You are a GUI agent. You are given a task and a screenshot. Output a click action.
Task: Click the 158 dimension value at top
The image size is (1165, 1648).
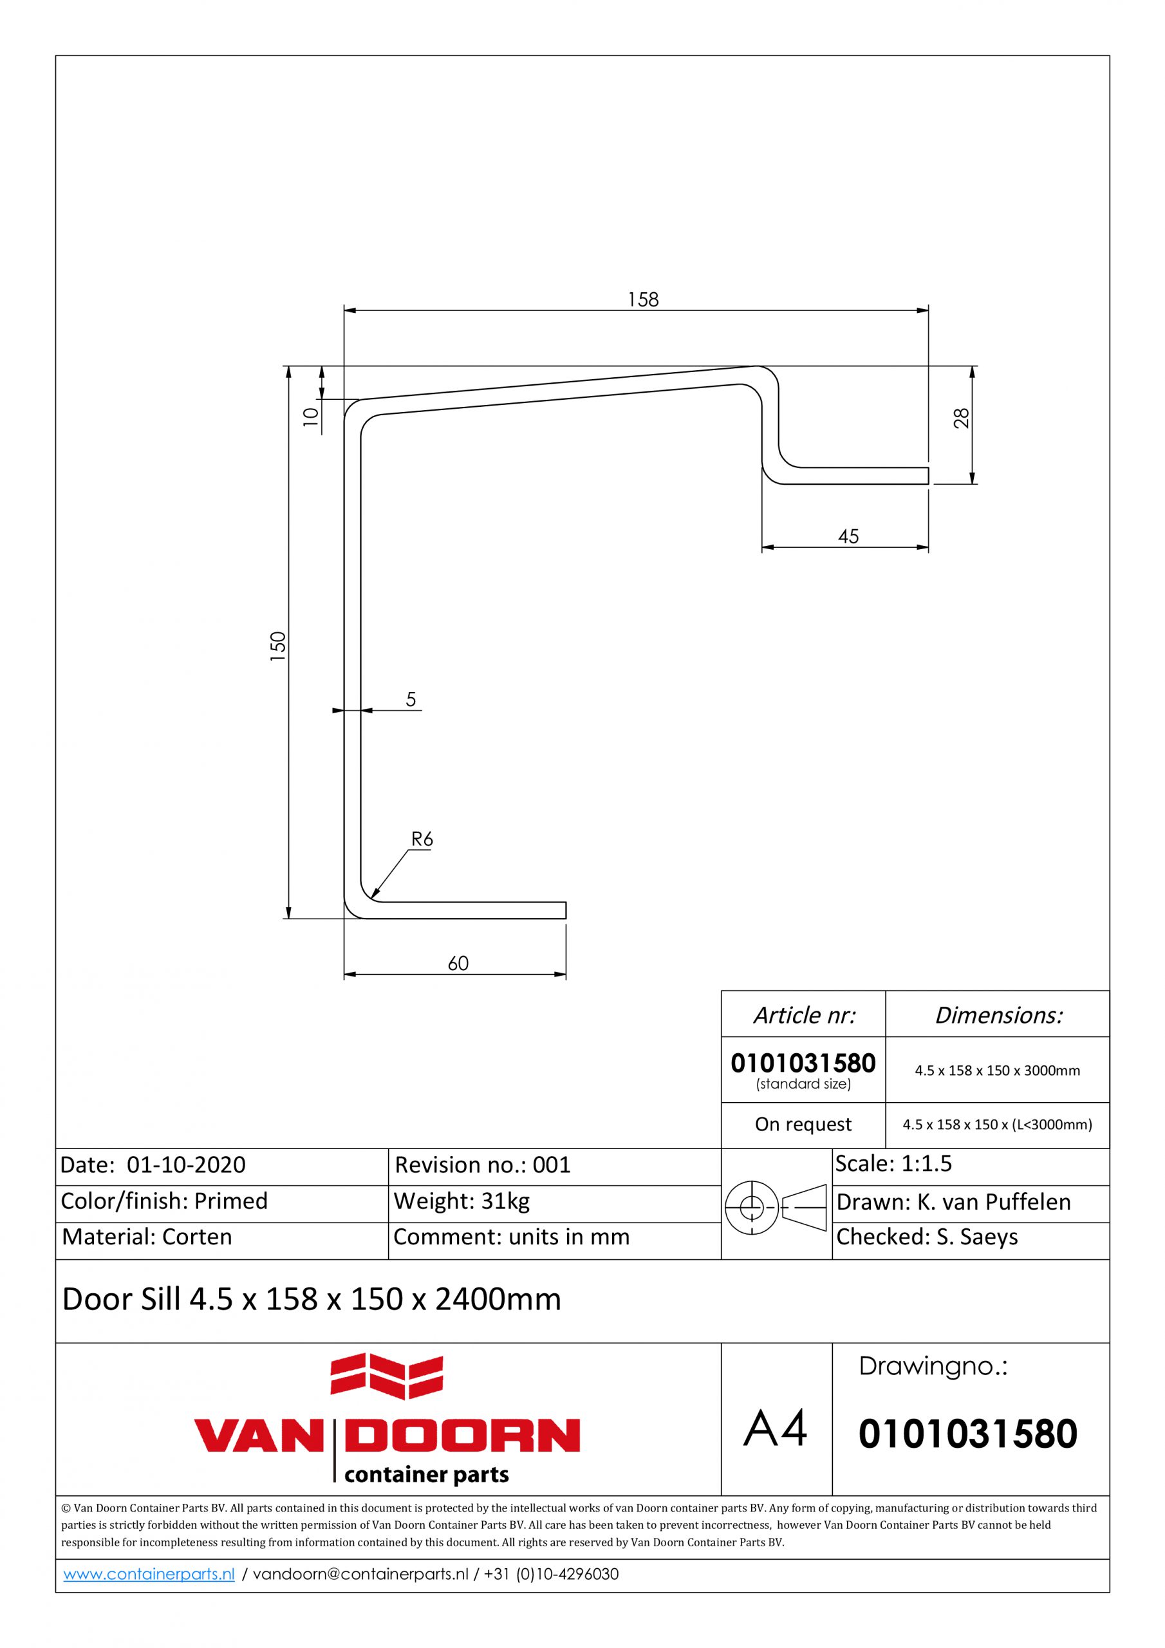pyautogui.click(x=642, y=299)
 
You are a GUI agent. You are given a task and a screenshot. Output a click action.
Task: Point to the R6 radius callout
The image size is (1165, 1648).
pyautogui.click(x=422, y=838)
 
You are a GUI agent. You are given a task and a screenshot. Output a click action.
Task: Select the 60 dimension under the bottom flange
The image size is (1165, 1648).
pyautogui.click(x=458, y=963)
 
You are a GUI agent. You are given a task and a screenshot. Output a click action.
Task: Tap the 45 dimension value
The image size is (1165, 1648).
pyautogui.click(x=848, y=537)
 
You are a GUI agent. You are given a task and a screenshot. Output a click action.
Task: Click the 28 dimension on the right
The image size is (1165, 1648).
pyautogui.click(x=962, y=418)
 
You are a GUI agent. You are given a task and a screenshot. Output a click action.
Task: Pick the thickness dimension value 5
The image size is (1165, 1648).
pyautogui.click(x=411, y=699)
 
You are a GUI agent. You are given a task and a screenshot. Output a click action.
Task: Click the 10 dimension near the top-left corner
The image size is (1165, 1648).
pyautogui.click(x=310, y=417)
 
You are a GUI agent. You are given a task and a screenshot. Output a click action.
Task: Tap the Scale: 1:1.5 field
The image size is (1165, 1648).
pyautogui.click(x=893, y=1163)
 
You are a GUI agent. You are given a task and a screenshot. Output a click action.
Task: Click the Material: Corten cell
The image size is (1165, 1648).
pyautogui.click(x=147, y=1236)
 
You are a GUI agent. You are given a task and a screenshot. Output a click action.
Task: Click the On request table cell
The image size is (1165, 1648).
pyautogui.click(x=803, y=1124)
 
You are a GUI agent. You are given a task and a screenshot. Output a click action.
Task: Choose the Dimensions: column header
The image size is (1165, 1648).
pyautogui.click(x=998, y=1015)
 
